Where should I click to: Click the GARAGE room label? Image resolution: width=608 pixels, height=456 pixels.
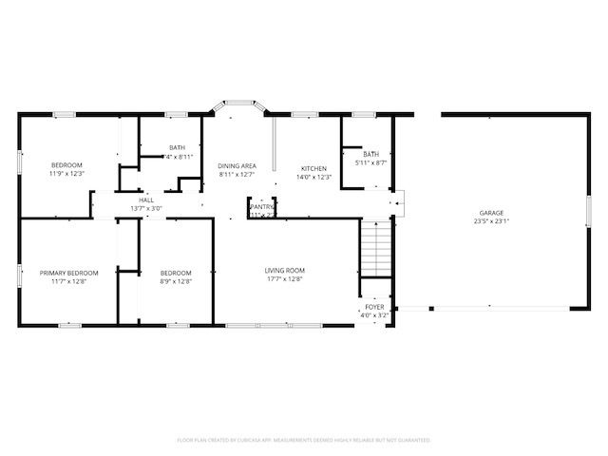[491, 213]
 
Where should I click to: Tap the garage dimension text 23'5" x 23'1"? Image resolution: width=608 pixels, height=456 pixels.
[491, 221]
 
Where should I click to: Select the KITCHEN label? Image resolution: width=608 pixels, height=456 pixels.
[313, 168]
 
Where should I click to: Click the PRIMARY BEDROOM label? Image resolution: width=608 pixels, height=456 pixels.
[68, 273]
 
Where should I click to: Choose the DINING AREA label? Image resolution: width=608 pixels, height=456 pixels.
[237, 166]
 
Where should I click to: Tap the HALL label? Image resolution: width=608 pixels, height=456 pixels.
[146, 200]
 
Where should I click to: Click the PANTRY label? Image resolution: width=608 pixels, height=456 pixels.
[262, 206]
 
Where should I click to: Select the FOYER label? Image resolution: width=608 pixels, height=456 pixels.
[375, 307]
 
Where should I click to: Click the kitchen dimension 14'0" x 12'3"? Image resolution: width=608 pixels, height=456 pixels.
[313, 177]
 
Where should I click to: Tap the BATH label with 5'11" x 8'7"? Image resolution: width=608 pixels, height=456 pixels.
[370, 154]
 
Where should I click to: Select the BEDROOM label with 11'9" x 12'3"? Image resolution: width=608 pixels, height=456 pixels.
[66, 165]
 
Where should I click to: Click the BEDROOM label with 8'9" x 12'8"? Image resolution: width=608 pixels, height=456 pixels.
[176, 273]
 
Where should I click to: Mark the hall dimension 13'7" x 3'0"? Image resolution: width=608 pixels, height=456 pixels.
[146, 209]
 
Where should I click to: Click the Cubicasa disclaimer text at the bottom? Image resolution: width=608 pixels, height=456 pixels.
[304, 440]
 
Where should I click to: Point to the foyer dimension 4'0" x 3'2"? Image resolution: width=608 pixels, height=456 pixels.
[375, 315]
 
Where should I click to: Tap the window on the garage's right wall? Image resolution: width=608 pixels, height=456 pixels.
[589, 209]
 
